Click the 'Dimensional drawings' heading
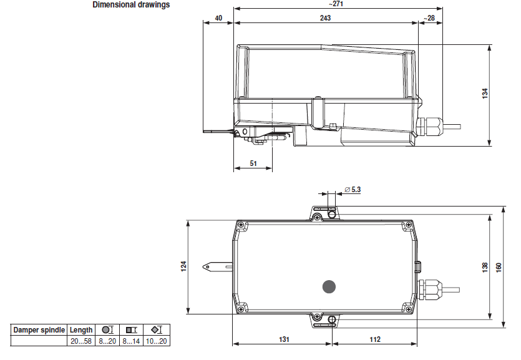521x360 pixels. pos(131,4)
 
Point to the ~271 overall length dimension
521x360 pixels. pos(336,4)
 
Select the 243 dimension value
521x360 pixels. pos(325,18)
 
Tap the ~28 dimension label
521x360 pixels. pos(429,18)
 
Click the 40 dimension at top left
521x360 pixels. pos(218,18)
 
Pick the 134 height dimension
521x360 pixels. pos(485,94)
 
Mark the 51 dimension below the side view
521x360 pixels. pos(253,163)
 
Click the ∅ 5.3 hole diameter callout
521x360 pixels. pos(353,190)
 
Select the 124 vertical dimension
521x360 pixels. pos(183,266)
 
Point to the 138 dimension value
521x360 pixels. pos(485,267)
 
